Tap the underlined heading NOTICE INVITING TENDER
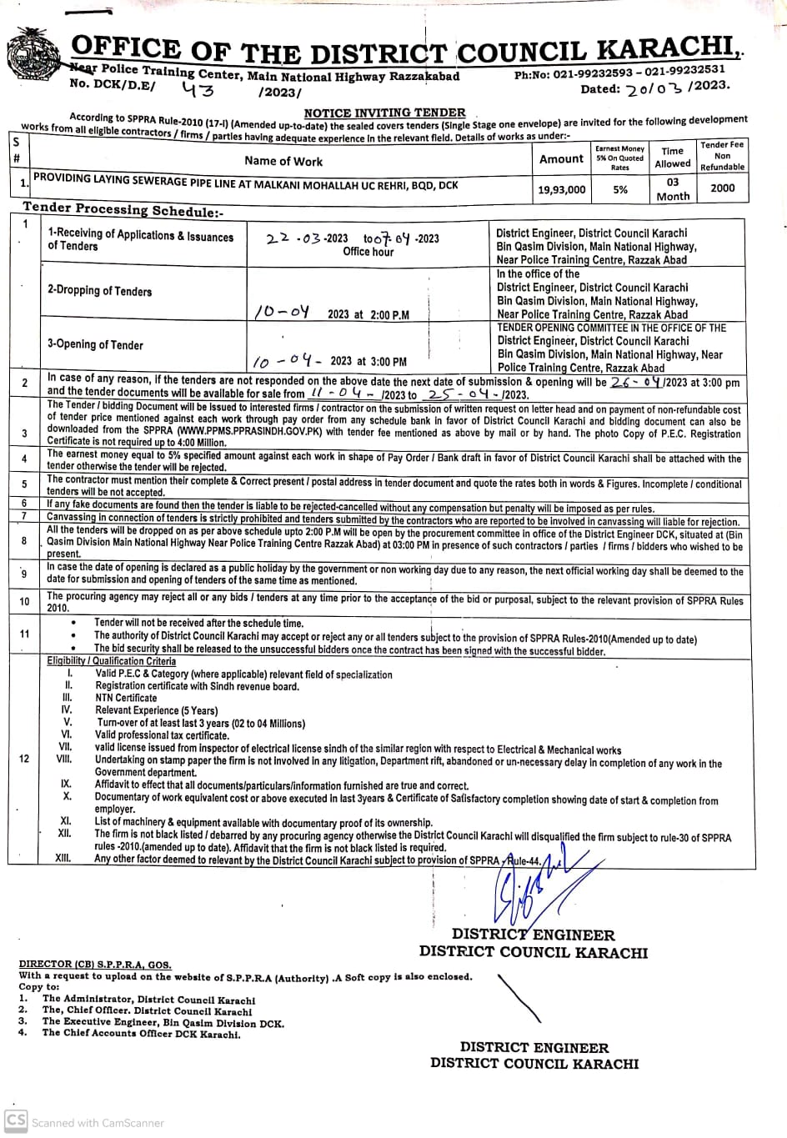pos(384,113)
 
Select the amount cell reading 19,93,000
pos(561,190)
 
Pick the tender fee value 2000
pos(722,188)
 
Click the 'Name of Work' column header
pos(283,161)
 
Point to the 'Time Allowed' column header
pos(672,157)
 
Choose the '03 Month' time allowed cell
pos(673,189)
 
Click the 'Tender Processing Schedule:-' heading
pos(123,209)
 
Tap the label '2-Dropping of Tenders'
pos(100,291)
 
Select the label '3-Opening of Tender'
pos(95,344)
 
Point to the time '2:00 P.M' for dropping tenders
pos(388,314)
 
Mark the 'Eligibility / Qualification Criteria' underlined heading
pos(111,661)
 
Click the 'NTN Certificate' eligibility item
pos(126,698)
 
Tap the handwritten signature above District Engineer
pos(529,888)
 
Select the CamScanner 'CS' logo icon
pos(15,1120)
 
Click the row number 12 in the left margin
pos(23,758)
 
